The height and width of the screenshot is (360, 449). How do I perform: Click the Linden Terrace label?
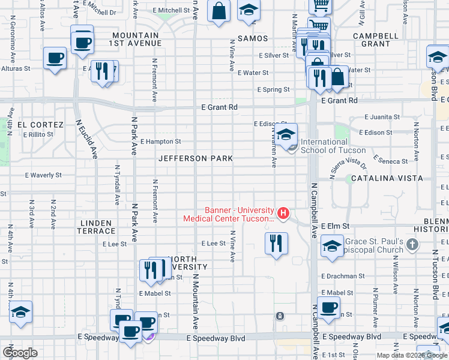tap(96, 227)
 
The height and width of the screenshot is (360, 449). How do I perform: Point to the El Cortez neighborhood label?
tap(40, 125)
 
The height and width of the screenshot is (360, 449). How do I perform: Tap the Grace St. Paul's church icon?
tap(412, 244)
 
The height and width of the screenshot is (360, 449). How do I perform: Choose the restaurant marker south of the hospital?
tap(276, 243)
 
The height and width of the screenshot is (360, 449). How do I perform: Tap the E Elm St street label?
tap(334, 226)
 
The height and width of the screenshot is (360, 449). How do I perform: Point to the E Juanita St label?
tap(382, 117)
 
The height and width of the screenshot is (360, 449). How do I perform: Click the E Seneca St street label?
tap(390, 161)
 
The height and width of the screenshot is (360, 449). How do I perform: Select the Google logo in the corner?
tap(20, 353)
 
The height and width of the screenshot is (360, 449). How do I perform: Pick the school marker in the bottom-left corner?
tap(20, 312)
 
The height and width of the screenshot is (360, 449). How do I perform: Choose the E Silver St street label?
tap(274, 55)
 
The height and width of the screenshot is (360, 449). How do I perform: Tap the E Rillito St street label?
tap(39, 135)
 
